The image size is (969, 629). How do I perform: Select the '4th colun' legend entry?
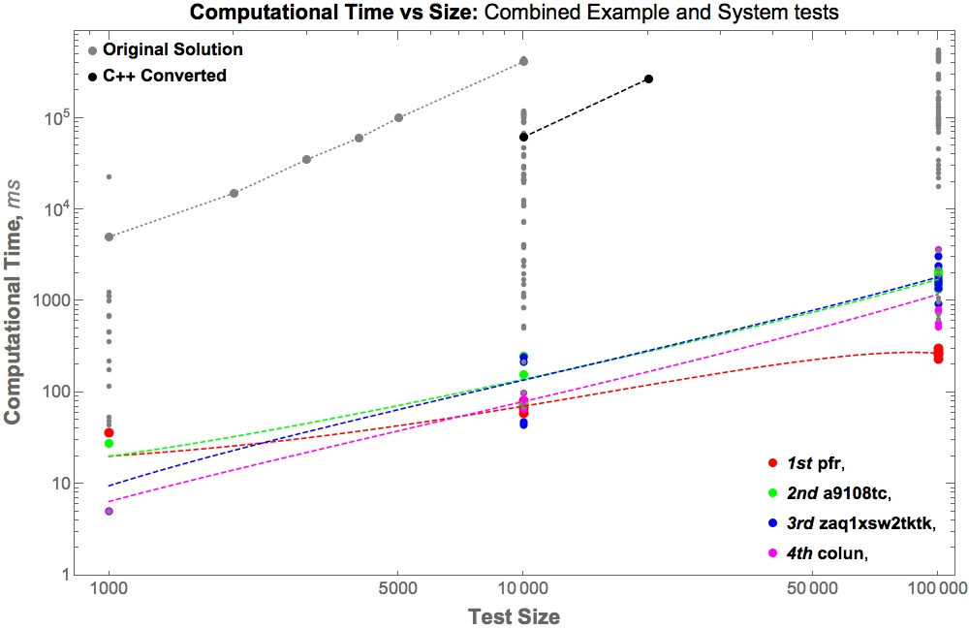pos(830,552)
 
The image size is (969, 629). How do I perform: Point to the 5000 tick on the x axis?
pos(398,587)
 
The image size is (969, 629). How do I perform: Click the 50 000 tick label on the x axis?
pos(812,587)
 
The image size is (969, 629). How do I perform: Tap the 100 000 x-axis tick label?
pos(937,587)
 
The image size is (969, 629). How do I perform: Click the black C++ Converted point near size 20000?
pos(648,79)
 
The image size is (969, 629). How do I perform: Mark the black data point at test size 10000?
pos(523,137)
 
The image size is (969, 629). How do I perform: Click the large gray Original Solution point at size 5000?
pos(398,118)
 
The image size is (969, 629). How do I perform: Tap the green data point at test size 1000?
pos(109,443)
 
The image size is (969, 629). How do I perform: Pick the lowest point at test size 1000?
pos(109,511)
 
